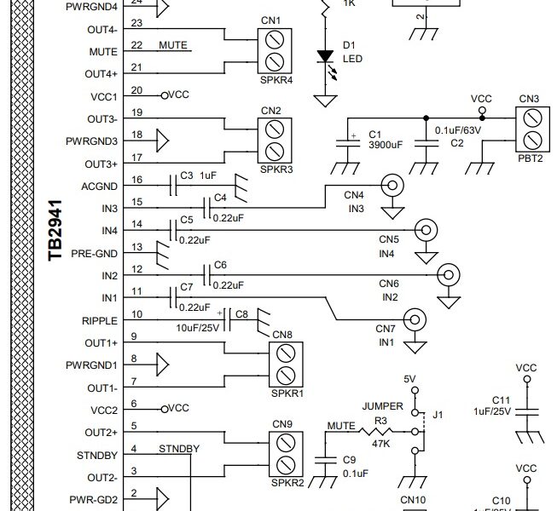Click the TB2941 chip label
click(55, 231)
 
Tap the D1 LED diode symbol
click(324, 57)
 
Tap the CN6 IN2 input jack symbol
click(447, 275)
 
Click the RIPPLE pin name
click(100, 320)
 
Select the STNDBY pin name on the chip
click(97, 456)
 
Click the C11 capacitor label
click(501, 399)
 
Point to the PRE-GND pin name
click(94, 253)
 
